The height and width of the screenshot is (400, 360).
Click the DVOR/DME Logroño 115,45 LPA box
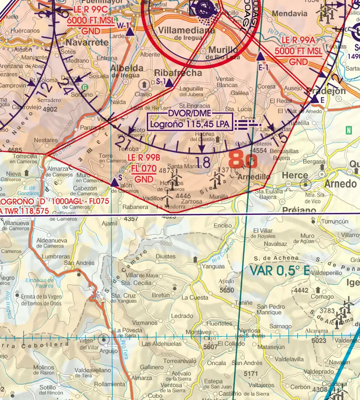coord(190,121)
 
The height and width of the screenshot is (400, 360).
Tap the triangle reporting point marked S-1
coord(169,83)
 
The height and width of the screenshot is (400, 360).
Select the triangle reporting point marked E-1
coord(260,57)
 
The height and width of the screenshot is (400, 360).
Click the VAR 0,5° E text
coord(280,270)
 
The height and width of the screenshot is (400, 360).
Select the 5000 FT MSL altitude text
coord(298,52)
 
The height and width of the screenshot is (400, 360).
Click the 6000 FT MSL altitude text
coord(90,21)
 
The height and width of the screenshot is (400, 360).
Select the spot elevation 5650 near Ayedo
coord(226,290)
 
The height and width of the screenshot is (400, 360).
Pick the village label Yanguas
coord(214,266)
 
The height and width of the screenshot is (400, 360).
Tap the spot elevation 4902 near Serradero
coord(50,108)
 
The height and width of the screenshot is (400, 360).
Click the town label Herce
coord(295,175)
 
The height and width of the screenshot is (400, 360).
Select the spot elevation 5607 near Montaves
coord(211,347)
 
